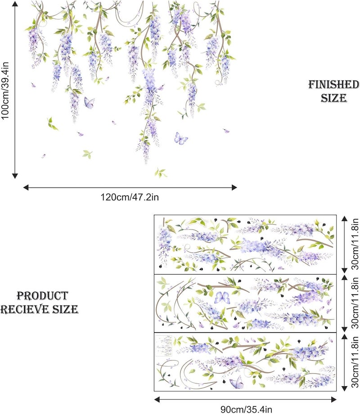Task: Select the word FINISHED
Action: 333,85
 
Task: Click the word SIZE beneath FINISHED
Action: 333,97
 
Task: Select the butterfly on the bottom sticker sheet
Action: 237,383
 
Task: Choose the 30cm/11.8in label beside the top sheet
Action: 355,244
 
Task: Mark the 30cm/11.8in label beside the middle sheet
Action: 355,302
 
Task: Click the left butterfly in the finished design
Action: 89,103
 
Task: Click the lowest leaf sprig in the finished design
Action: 160,172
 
